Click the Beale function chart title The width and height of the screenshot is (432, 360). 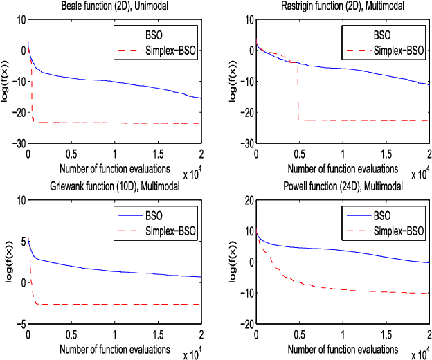tap(114, 6)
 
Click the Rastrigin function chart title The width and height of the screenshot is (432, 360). tap(343, 6)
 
